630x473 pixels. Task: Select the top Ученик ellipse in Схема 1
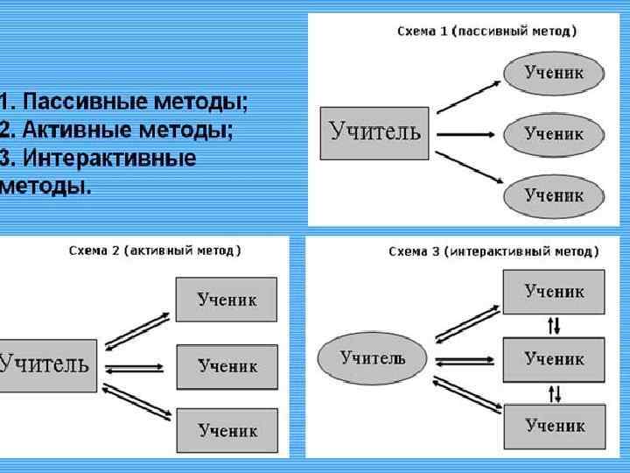tap(554, 73)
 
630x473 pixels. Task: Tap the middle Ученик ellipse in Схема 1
tap(554, 134)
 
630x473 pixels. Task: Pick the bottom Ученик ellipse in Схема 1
tap(554, 195)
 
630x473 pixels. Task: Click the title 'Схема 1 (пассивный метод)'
tap(487, 32)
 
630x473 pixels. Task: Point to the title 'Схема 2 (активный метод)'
tap(156, 251)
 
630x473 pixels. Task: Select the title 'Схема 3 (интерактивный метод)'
tap(493, 251)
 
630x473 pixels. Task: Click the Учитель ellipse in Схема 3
tap(373, 357)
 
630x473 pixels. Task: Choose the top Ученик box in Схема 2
tap(227, 300)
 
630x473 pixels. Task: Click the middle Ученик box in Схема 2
tap(227, 366)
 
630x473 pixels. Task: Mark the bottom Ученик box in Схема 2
tap(227, 430)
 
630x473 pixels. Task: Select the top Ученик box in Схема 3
tap(554, 292)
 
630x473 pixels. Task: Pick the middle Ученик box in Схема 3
tap(554, 358)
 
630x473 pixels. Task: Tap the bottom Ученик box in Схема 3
tap(554, 426)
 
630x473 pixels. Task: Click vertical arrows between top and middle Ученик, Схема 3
tap(554, 325)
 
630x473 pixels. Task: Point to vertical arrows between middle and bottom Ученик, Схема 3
tap(554, 392)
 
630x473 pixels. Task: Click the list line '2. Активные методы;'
tap(117, 131)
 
